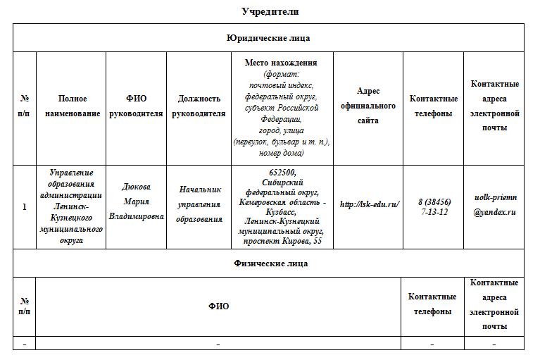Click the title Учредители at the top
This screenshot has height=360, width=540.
tap(270, 11)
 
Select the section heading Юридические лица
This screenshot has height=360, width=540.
tap(268, 38)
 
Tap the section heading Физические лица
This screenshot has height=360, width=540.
tap(270, 263)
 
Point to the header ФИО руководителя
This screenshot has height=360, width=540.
tap(136, 106)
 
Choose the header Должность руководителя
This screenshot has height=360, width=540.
tap(199, 106)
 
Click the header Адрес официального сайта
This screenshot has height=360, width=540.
tap(368, 106)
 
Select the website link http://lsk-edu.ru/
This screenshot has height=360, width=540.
tap(370, 204)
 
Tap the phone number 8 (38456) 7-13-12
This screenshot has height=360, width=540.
tap(434, 206)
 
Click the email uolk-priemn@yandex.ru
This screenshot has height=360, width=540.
tap(494, 206)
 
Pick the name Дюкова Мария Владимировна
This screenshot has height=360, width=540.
tap(136, 201)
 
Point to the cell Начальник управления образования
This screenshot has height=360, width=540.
tap(199, 204)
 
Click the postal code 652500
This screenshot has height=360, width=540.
tap(282, 173)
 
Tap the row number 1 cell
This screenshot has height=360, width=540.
tap(25, 207)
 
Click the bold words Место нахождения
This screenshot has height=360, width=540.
tap(281, 63)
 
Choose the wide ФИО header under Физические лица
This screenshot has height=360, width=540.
tap(218, 306)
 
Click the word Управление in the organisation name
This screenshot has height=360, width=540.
tap(72, 173)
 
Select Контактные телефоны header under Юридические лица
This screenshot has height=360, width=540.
tap(434, 106)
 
